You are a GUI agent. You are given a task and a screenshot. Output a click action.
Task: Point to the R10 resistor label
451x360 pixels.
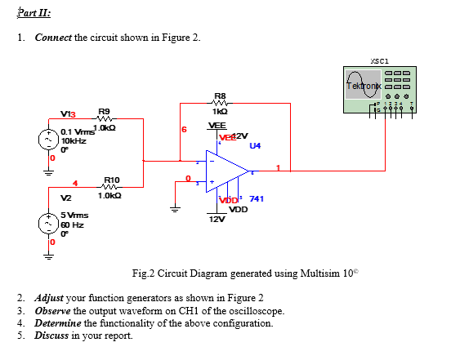coord(112,180)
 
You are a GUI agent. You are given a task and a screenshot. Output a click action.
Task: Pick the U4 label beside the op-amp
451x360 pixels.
coord(255,146)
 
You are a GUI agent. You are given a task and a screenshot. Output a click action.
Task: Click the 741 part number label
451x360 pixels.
coord(256,198)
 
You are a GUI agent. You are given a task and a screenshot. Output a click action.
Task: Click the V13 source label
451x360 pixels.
coord(69,115)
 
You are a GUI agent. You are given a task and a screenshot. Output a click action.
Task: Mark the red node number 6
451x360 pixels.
coord(185,130)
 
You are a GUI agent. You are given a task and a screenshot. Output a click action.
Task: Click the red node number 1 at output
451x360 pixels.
coord(278,169)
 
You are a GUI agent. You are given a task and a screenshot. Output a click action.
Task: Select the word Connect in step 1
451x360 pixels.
coord(53,40)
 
